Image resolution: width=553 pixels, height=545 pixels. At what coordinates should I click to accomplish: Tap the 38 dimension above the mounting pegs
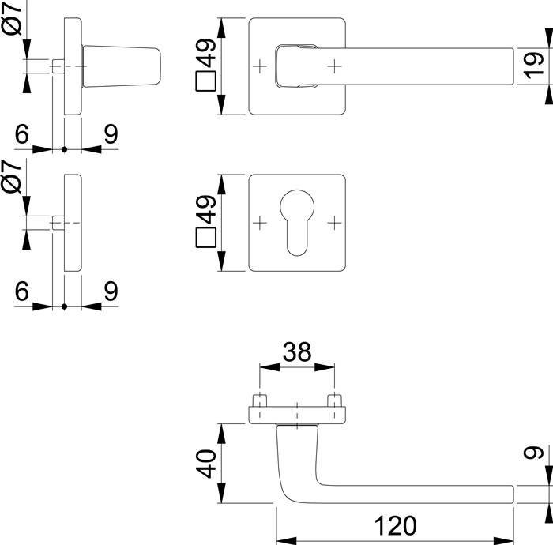point(296,351)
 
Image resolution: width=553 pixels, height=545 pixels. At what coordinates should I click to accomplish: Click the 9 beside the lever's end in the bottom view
point(535,457)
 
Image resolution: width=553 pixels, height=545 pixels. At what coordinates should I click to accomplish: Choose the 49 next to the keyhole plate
point(208,211)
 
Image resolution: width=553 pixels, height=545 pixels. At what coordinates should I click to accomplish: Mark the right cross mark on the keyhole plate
point(337,224)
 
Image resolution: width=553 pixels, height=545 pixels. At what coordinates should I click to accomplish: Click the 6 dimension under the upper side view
point(21,134)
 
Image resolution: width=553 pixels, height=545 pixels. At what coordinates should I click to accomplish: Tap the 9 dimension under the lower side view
point(111,291)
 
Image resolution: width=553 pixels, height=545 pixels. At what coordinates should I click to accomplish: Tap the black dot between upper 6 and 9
point(64,149)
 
